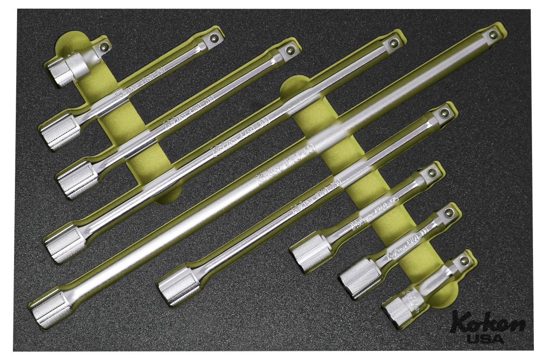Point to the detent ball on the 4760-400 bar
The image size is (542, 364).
point(493,34)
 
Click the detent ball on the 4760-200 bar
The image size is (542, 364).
point(289,50)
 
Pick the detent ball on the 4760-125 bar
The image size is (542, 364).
point(431,172)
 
